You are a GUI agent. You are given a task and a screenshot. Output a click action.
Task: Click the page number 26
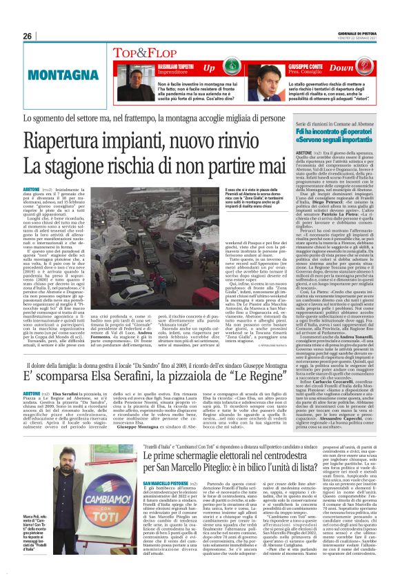click(x=28, y=36)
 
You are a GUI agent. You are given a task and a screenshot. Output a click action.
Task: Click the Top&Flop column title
click(x=141, y=52)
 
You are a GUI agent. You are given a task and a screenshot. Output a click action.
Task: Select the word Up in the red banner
click(x=209, y=68)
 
